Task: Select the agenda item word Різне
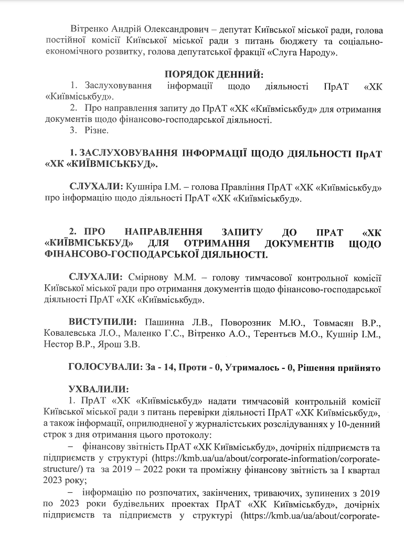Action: pyautogui.click(x=97, y=130)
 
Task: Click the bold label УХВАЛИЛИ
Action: pyautogui.click(x=98, y=390)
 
